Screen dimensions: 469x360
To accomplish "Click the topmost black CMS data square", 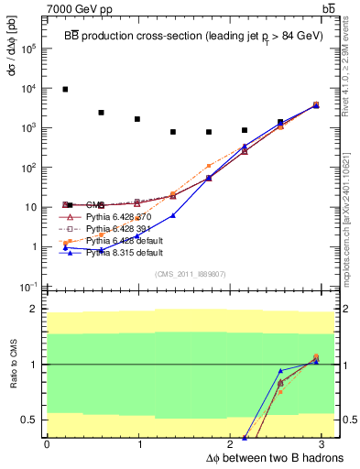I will click(65, 89).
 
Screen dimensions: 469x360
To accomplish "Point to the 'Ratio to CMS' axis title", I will click(13, 365).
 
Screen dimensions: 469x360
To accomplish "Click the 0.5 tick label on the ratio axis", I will click(29, 420).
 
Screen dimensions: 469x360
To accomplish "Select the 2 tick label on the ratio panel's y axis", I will click(34, 310).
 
